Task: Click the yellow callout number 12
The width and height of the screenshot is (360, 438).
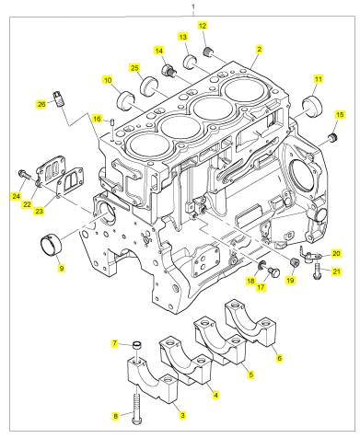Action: tap(203, 26)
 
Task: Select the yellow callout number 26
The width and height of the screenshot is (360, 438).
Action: tap(41, 104)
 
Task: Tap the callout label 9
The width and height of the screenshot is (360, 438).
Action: tap(62, 269)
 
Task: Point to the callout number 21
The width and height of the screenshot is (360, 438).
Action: tap(337, 271)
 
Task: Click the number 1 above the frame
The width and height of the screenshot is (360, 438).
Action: tap(193, 6)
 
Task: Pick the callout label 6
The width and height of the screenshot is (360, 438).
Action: tap(279, 358)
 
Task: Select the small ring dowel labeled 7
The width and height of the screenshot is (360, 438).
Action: tap(137, 345)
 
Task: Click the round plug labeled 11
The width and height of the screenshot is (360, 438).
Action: tap(313, 106)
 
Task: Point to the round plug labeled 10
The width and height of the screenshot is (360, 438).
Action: tap(126, 101)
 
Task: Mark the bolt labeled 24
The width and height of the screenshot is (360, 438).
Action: tap(25, 175)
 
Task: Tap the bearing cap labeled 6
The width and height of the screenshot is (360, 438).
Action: tap(250, 322)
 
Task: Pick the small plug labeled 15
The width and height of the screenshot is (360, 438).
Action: tap(332, 137)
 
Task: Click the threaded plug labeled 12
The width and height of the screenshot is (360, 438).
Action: tap(208, 52)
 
